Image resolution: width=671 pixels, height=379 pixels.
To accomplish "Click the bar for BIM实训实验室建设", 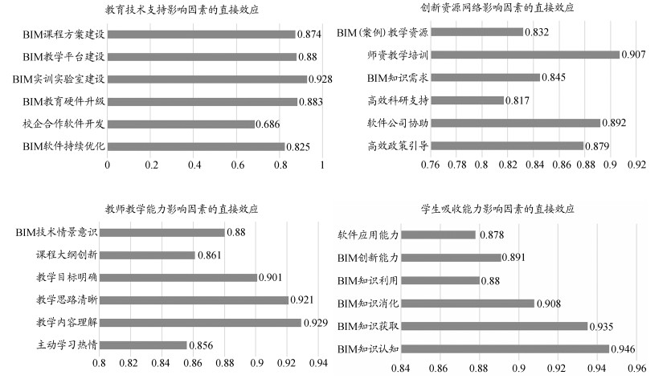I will [207, 79].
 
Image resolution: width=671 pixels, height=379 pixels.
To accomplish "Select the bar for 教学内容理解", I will [200, 323].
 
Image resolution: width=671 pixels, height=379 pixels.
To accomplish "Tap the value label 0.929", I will [317, 323].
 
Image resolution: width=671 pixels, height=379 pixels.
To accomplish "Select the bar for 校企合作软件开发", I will [181, 124].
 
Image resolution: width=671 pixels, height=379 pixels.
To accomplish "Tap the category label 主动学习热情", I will [68, 345].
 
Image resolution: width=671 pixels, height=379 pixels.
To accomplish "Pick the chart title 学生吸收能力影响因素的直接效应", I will [498, 208].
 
